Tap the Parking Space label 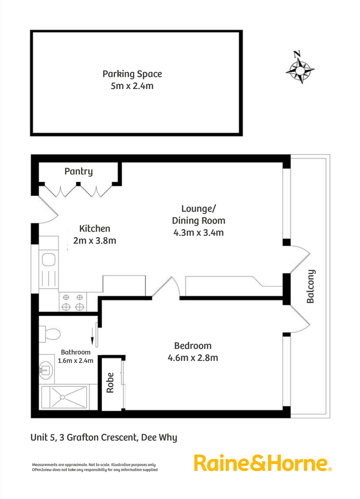pos(132,74)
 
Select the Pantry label pos(79,171)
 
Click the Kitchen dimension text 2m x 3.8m pos(95,240)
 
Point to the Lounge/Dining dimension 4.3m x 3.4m pos(198,232)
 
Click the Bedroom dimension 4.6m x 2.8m pos(192,358)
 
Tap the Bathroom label pos(76,352)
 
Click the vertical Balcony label pos(310,287)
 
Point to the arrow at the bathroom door pos(92,336)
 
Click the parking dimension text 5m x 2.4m pos(132,86)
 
